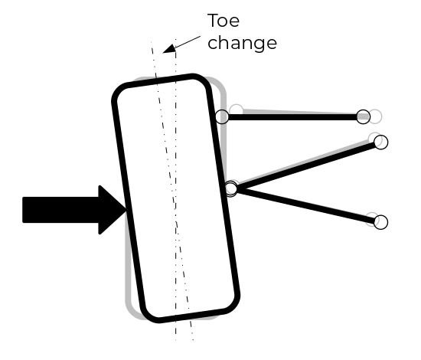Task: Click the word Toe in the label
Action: coord(224,21)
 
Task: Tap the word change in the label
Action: coord(242,43)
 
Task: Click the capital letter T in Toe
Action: coord(214,21)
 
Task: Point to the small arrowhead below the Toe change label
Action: coord(169,49)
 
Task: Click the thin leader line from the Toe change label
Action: coord(187,42)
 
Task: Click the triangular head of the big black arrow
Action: coord(113,210)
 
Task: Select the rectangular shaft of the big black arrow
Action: coord(60,210)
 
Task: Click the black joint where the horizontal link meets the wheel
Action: coord(222,117)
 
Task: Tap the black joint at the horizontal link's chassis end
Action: coord(363,117)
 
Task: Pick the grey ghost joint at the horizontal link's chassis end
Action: coord(375,116)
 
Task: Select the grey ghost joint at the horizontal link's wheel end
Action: coord(237,111)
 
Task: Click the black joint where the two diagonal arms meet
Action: coord(231,188)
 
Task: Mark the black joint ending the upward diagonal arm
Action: coord(380,142)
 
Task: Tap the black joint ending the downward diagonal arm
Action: coord(380,222)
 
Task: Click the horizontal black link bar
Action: coord(292,117)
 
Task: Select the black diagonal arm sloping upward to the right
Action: coord(306,165)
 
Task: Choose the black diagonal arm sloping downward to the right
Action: coord(306,205)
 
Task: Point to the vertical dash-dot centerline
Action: coord(176,189)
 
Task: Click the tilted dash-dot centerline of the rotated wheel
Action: coord(172,191)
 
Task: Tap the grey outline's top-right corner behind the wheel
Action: coord(220,83)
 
